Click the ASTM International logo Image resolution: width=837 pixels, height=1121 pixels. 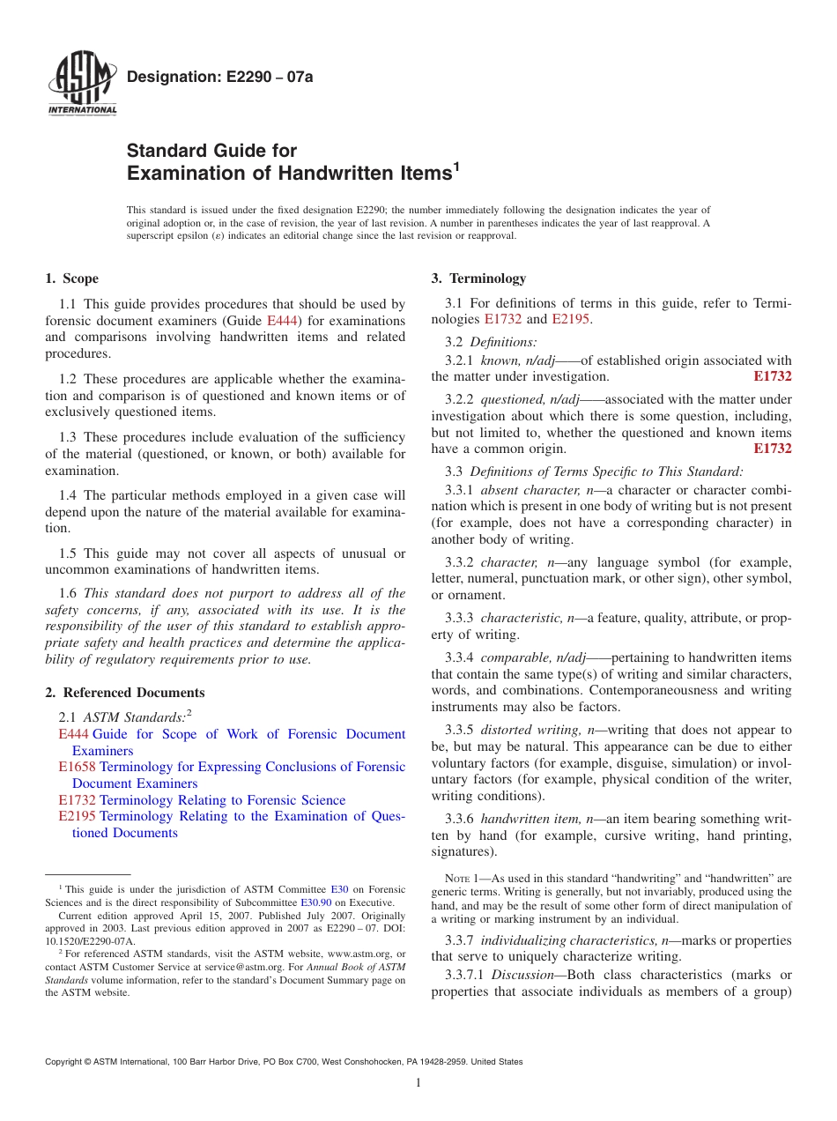click(82, 83)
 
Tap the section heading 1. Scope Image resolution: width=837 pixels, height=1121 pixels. click(71, 278)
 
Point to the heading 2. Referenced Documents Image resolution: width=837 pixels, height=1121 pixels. click(124, 693)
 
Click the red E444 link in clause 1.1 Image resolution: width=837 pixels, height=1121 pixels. click(282, 321)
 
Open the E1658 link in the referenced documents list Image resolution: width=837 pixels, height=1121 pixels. click(77, 767)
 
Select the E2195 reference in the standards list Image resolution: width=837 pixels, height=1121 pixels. click(77, 816)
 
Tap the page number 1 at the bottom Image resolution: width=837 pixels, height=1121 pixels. click(418, 1083)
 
